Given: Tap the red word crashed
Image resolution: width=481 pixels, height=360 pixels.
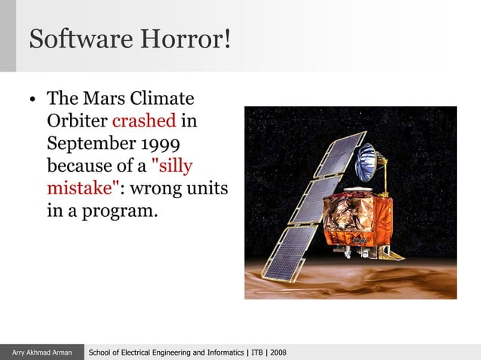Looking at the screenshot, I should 144,121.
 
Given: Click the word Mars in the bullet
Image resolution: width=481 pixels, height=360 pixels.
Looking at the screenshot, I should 103,99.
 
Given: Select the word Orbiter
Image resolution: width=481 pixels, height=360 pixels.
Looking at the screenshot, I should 77,121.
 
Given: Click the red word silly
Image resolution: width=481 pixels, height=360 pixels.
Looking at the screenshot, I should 173,165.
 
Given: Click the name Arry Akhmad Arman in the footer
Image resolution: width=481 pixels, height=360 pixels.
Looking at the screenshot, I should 41,352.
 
